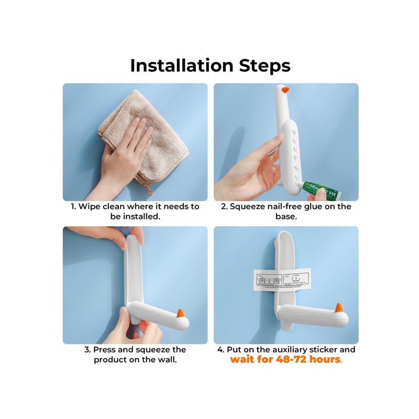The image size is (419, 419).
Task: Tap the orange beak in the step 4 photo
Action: tap(338, 309)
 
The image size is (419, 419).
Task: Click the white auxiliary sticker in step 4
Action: tap(282, 279)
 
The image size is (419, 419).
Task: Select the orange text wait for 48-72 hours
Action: tap(285, 360)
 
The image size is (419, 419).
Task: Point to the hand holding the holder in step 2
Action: tap(251, 173)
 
